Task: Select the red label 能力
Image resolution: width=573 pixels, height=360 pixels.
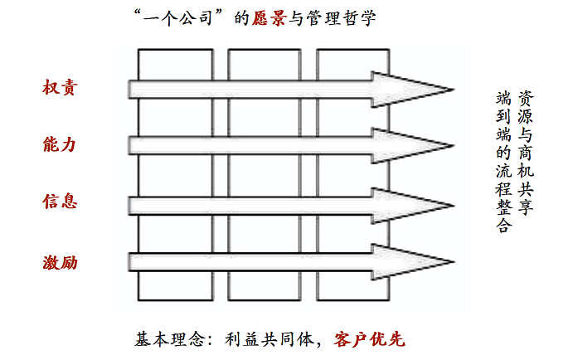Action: [x=59, y=144]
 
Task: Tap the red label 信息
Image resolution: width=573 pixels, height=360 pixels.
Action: [x=59, y=202]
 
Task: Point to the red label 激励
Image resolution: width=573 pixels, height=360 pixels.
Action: [x=59, y=264]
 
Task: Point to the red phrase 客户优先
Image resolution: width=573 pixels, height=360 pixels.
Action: [x=369, y=339]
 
